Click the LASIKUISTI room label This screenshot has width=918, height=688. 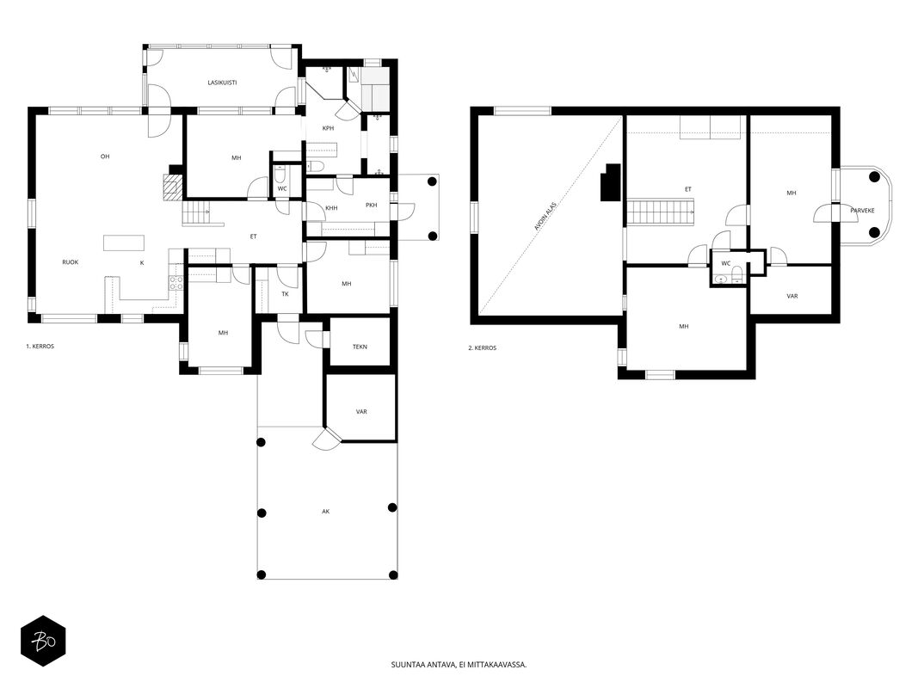223,83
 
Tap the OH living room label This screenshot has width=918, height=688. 105,157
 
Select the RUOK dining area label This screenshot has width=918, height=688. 71,262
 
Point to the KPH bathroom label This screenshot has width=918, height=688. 328,128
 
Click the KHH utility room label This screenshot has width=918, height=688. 331,207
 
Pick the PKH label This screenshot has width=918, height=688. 371,205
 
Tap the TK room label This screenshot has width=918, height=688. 285,293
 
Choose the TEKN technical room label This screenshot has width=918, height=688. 360,347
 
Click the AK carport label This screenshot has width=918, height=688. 325,512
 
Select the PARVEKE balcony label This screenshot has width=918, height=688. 862,210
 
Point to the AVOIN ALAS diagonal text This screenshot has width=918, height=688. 545,217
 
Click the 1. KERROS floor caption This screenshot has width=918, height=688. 40,347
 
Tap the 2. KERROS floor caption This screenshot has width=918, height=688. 483,348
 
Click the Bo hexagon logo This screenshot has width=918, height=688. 43,642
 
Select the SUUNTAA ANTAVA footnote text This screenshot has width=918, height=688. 459,665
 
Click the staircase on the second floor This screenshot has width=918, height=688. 661,212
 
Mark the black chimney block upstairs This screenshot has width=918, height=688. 611,182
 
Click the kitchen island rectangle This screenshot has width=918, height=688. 124,243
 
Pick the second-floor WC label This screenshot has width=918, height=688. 726,263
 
